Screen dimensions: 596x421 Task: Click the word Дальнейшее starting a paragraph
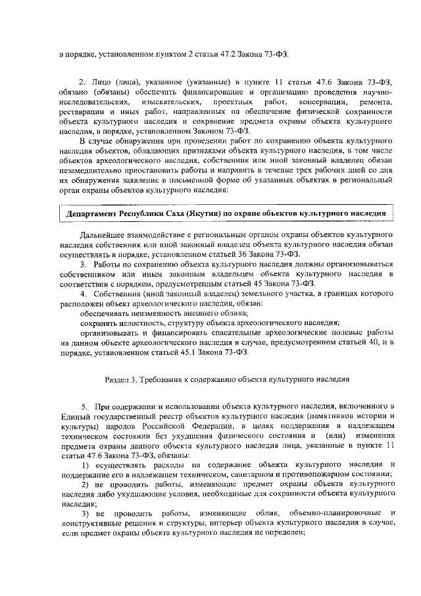point(105,234)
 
